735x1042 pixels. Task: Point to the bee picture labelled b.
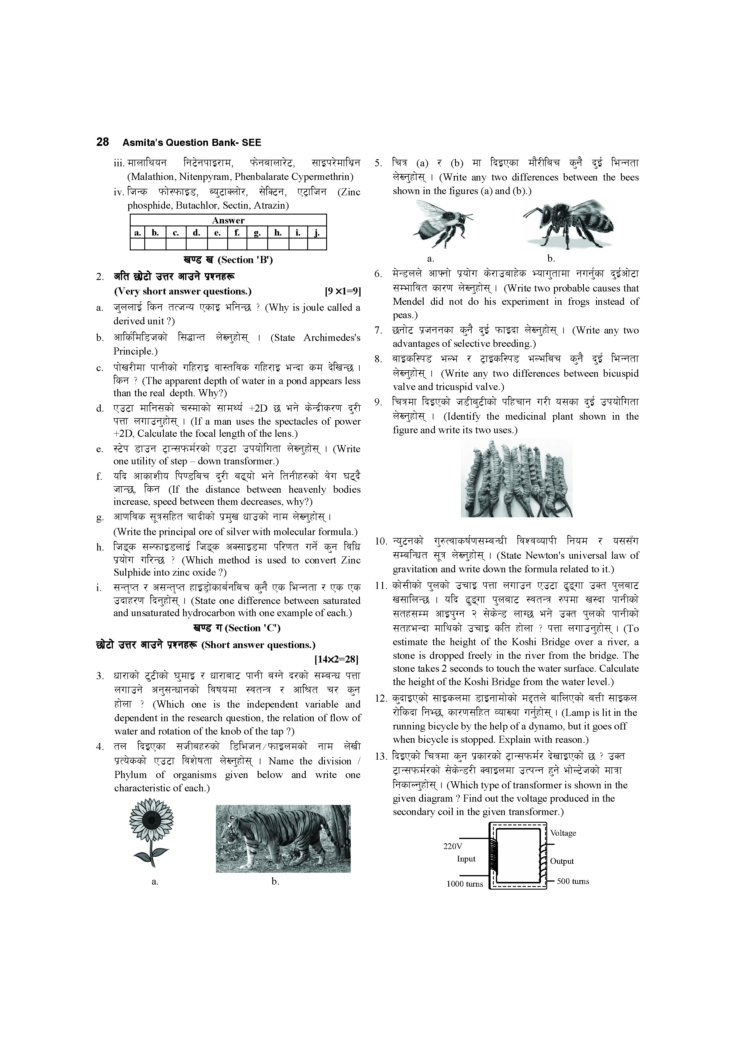[568, 222]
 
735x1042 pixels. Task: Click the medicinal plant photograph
[516, 478]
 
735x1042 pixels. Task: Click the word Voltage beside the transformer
[563, 833]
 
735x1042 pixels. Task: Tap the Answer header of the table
[228, 220]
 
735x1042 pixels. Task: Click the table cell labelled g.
[257, 233]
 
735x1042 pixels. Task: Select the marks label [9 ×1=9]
[342, 291]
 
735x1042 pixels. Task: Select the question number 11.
[381, 585]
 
